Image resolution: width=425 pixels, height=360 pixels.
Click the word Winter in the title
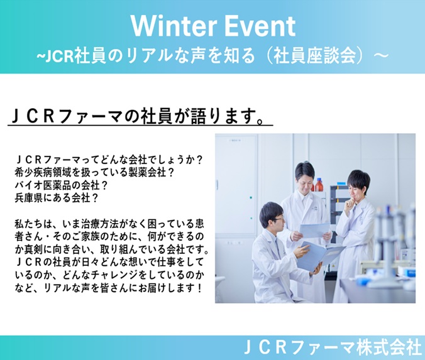coord(174,26)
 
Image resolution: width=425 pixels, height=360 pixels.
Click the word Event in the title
coord(260,26)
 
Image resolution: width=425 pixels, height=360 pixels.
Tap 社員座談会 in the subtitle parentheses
coord(314,55)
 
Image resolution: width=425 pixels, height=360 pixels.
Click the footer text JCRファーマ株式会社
coord(333,347)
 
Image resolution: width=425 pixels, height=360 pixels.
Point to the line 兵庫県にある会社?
coord(57,198)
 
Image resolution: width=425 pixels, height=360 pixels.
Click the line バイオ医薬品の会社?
coord(61,185)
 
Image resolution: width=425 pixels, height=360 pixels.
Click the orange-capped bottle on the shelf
coord(319,185)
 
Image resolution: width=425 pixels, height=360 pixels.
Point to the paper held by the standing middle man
coord(315,230)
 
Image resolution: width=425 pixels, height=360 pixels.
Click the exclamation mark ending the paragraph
coord(200,288)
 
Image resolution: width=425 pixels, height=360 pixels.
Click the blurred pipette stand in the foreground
coord(393,244)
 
